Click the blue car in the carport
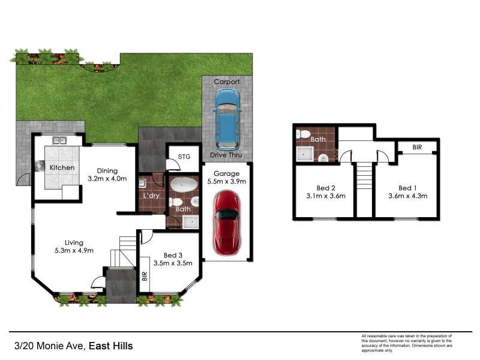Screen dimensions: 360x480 227,119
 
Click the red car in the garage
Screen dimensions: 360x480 227,221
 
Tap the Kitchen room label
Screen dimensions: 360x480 62,167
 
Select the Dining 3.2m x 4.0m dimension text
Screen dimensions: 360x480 108,178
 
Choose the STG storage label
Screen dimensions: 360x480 184,157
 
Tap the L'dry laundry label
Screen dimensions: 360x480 151,196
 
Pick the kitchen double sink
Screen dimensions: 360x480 59,141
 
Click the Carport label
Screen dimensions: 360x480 227,82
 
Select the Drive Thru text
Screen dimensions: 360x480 227,155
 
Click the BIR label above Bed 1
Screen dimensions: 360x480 416,147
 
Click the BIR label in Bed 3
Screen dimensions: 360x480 144,277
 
